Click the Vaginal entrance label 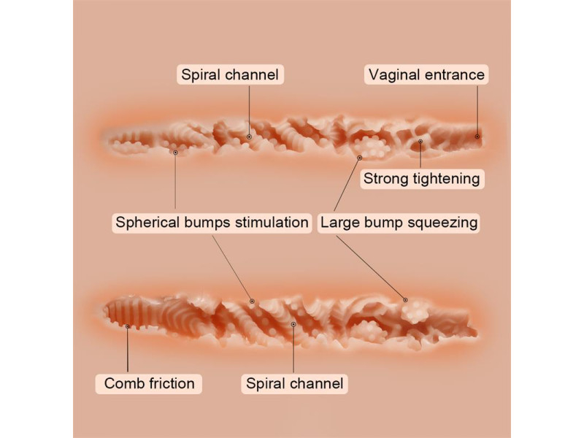point(426,75)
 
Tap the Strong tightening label point(422,179)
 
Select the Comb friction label point(149,384)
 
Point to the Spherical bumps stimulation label point(212,223)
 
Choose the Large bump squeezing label point(399,223)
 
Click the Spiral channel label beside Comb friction point(295,384)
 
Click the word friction point(172,384)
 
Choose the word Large point(338,223)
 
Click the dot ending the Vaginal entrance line point(477,137)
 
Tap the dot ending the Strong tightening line point(420,142)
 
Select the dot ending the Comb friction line point(127,326)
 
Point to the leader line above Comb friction point(127,350)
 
